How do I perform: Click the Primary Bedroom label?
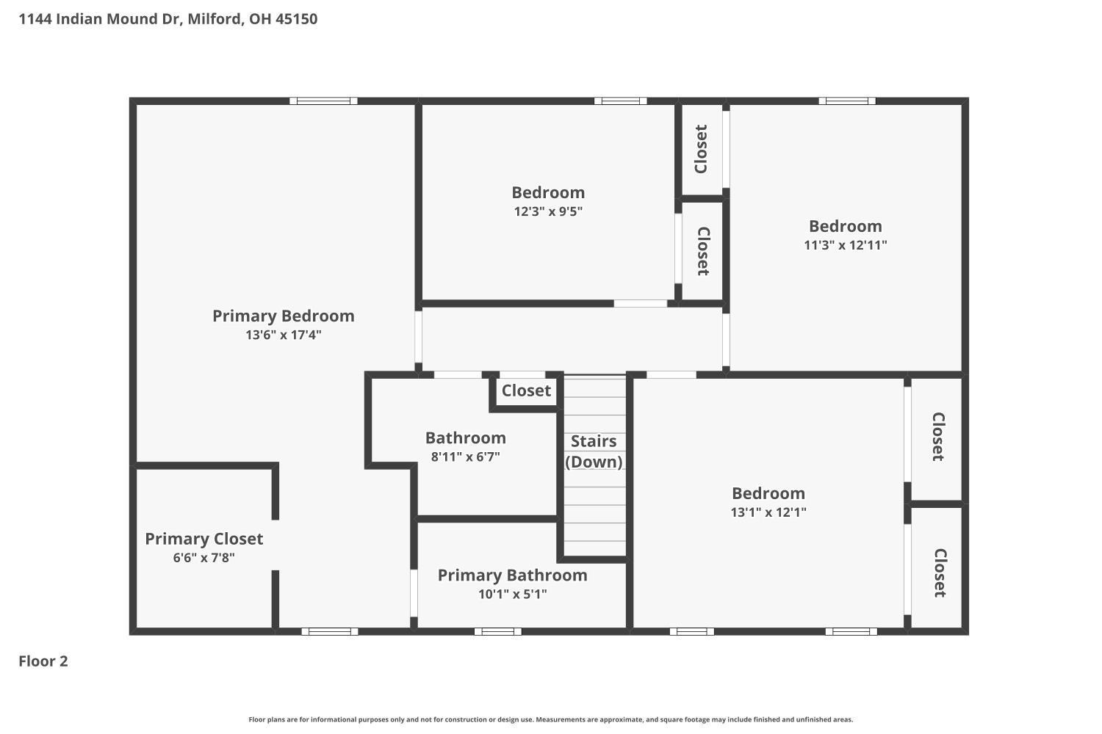pyautogui.click(x=284, y=316)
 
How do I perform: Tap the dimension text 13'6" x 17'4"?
pyautogui.click(x=284, y=335)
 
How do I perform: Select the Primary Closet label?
pyautogui.click(x=204, y=539)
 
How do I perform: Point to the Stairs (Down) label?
pyautogui.click(x=594, y=451)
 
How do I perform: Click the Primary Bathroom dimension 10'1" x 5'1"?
pyautogui.click(x=513, y=594)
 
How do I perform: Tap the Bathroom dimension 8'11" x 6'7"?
pyautogui.click(x=465, y=457)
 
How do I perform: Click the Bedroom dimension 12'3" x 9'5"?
pyautogui.click(x=548, y=211)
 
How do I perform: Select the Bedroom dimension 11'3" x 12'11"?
pyautogui.click(x=845, y=245)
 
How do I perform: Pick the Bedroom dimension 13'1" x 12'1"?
pyautogui.click(x=768, y=512)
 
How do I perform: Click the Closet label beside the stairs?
pyautogui.click(x=526, y=390)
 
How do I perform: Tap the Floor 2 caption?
pyautogui.click(x=43, y=661)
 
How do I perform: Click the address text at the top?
pyautogui.click(x=168, y=18)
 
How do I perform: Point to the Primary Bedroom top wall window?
pyautogui.click(x=323, y=101)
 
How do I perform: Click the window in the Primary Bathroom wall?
pyautogui.click(x=498, y=631)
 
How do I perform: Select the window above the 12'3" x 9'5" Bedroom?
pyautogui.click(x=620, y=101)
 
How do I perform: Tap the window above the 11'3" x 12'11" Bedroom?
pyautogui.click(x=847, y=101)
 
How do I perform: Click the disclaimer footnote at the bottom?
pyautogui.click(x=550, y=719)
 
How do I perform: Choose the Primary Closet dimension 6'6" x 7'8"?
pyautogui.click(x=204, y=558)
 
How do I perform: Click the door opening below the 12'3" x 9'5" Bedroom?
pyautogui.click(x=640, y=303)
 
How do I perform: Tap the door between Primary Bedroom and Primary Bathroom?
pyautogui.click(x=414, y=593)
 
